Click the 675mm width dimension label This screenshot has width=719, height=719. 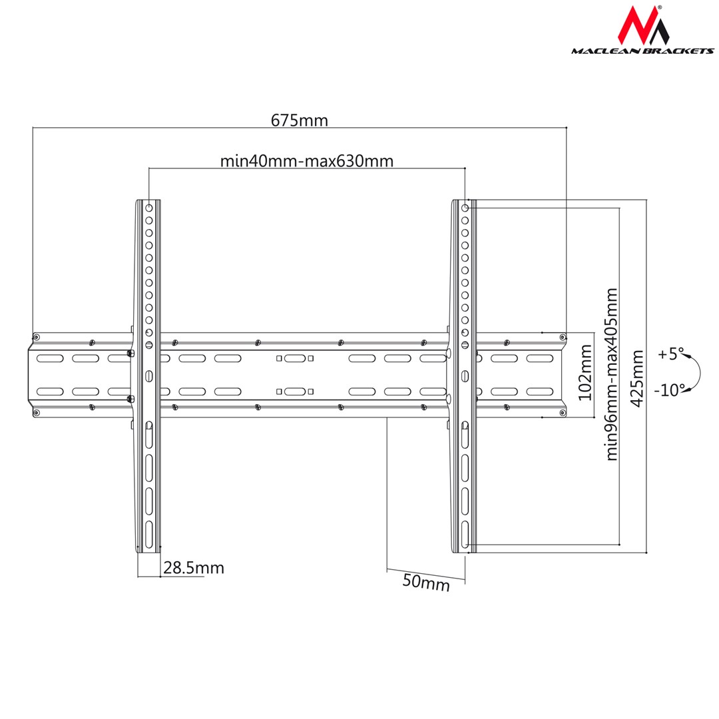(x=299, y=120)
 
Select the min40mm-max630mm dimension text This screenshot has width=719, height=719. (x=306, y=161)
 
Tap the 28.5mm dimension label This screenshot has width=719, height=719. (x=194, y=568)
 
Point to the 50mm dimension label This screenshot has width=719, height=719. (x=426, y=583)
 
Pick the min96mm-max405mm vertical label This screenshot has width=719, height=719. (x=612, y=374)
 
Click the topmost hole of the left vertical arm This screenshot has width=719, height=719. (x=149, y=208)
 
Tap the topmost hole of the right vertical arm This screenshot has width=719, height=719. (x=465, y=208)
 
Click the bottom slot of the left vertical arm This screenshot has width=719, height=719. (x=149, y=533)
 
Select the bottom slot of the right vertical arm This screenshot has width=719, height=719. (x=465, y=533)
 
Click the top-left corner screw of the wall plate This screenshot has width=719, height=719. (x=36, y=338)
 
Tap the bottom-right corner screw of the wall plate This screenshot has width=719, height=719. (x=563, y=413)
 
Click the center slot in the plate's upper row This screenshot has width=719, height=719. (x=294, y=358)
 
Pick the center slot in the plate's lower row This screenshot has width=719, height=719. (x=294, y=391)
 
